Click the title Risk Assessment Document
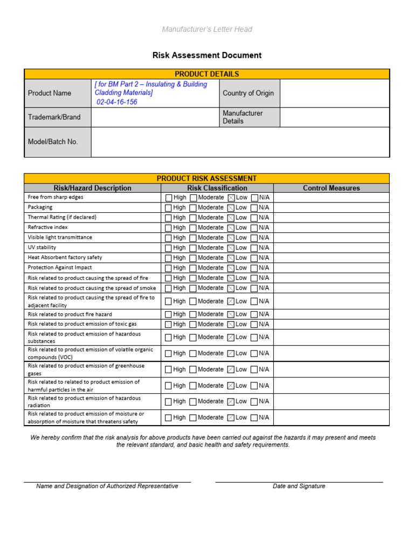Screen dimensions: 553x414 tap(207, 55)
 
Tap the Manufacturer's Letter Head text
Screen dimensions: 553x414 tap(207, 29)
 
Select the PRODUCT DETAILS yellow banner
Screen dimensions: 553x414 tap(207, 74)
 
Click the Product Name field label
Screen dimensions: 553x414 tap(50, 93)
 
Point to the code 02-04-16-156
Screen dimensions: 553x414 tap(117, 102)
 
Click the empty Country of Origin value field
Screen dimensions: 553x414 tap(334, 93)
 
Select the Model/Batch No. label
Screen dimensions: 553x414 tap(53, 141)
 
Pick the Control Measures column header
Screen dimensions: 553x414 tap(331, 188)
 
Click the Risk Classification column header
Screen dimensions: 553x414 tap(217, 188)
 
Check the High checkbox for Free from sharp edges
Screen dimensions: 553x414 tap(169, 198)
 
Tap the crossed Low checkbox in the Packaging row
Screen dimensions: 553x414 tap(231, 208)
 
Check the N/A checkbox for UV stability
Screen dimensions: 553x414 tap(254, 248)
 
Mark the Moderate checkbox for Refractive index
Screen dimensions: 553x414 tap(194, 228)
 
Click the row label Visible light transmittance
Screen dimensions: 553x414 tap(60, 237)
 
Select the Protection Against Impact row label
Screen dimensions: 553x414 tap(60, 267)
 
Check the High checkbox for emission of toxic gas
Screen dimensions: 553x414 tap(169, 325)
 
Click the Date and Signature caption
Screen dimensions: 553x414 tap(299, 486)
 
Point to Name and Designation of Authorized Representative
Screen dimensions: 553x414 tap(107, 486)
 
